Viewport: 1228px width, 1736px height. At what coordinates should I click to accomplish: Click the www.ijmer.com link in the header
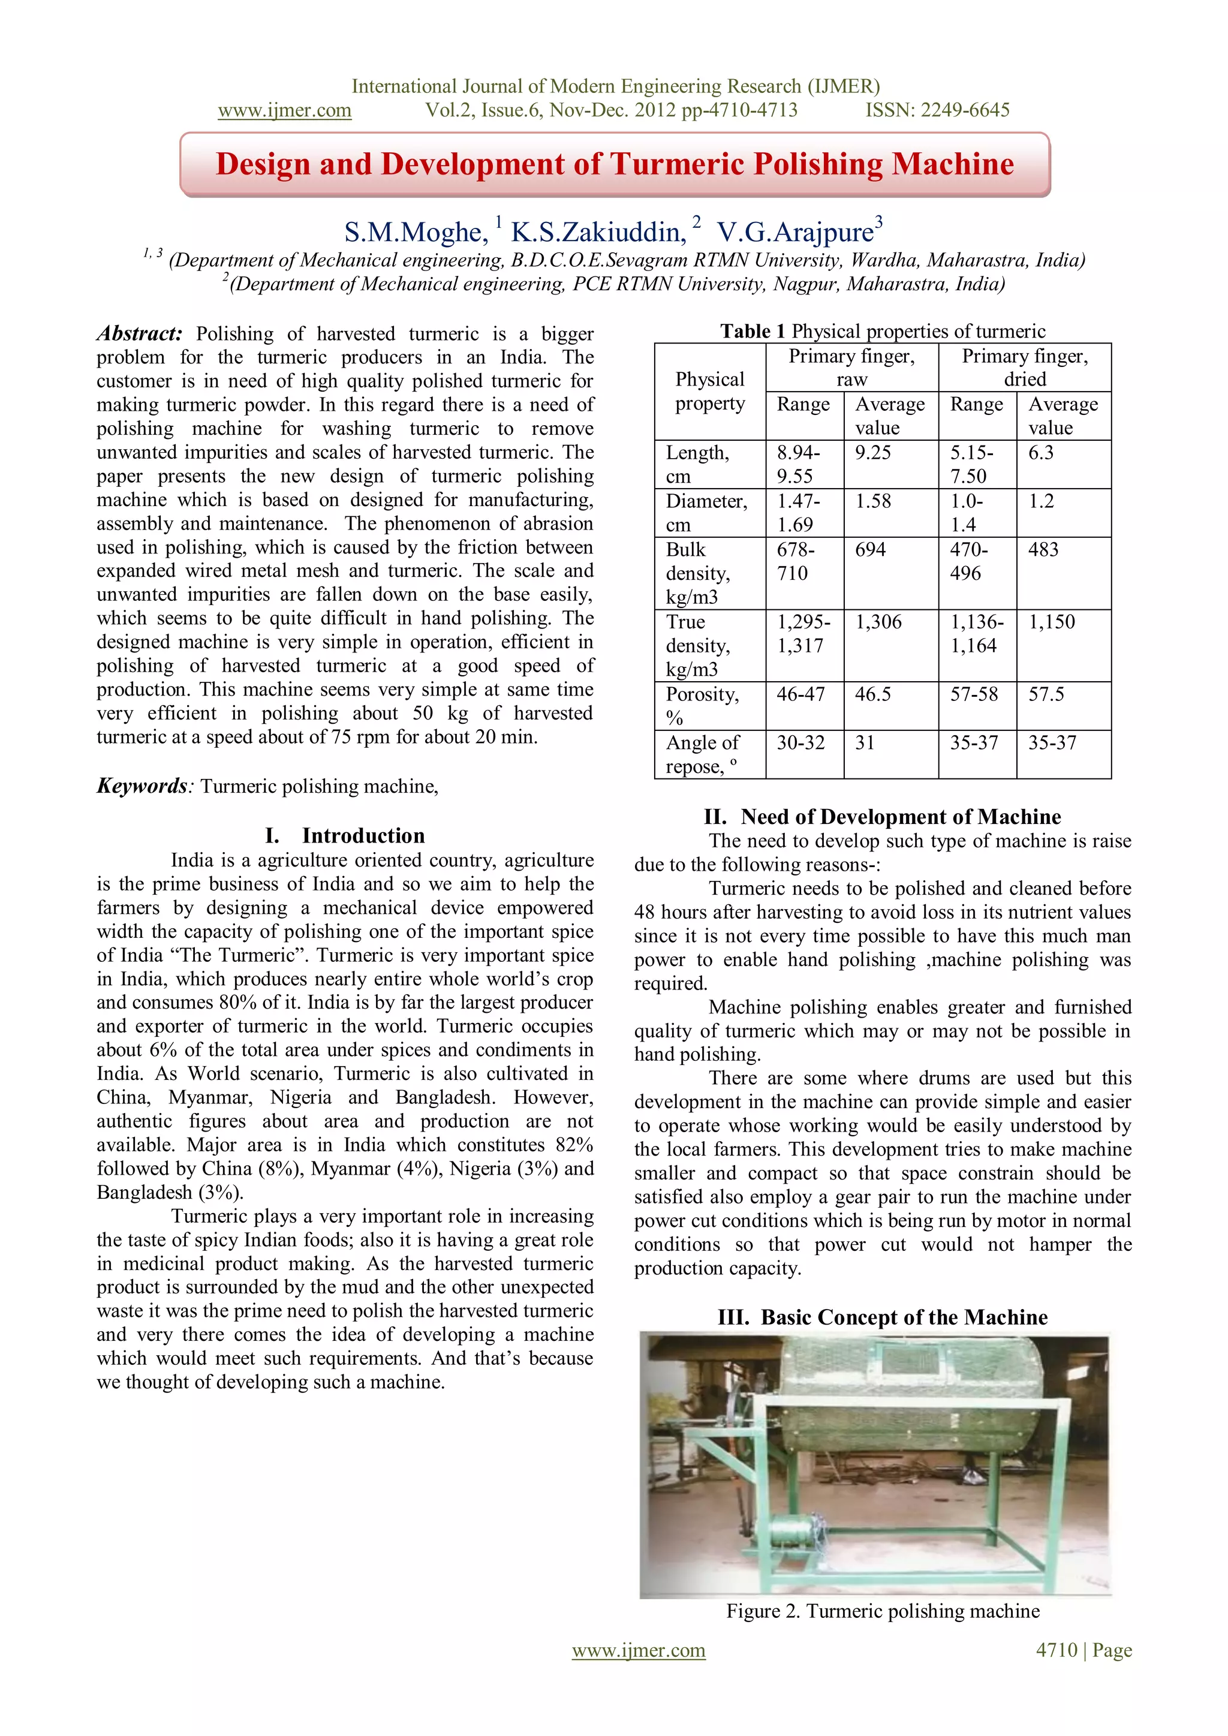[284, 110]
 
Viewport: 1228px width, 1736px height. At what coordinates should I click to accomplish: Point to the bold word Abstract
[139, 333]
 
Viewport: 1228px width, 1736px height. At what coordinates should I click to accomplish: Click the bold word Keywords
[142, 786]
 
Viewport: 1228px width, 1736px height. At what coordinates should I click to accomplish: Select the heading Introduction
[363, 835]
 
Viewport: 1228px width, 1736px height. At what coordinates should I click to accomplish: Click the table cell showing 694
[871, 550]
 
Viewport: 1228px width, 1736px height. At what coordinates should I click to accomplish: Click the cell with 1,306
[878, 622]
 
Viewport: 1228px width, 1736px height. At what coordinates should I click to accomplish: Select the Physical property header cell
[709, 391]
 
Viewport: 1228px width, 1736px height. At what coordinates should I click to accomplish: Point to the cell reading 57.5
[1046, 694]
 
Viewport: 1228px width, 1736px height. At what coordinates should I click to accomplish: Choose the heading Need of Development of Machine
[901, 817]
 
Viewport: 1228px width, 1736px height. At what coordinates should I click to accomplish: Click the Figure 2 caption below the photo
[883, 1611]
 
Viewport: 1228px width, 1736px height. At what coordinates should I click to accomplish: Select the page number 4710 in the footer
[1057, 1651]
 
